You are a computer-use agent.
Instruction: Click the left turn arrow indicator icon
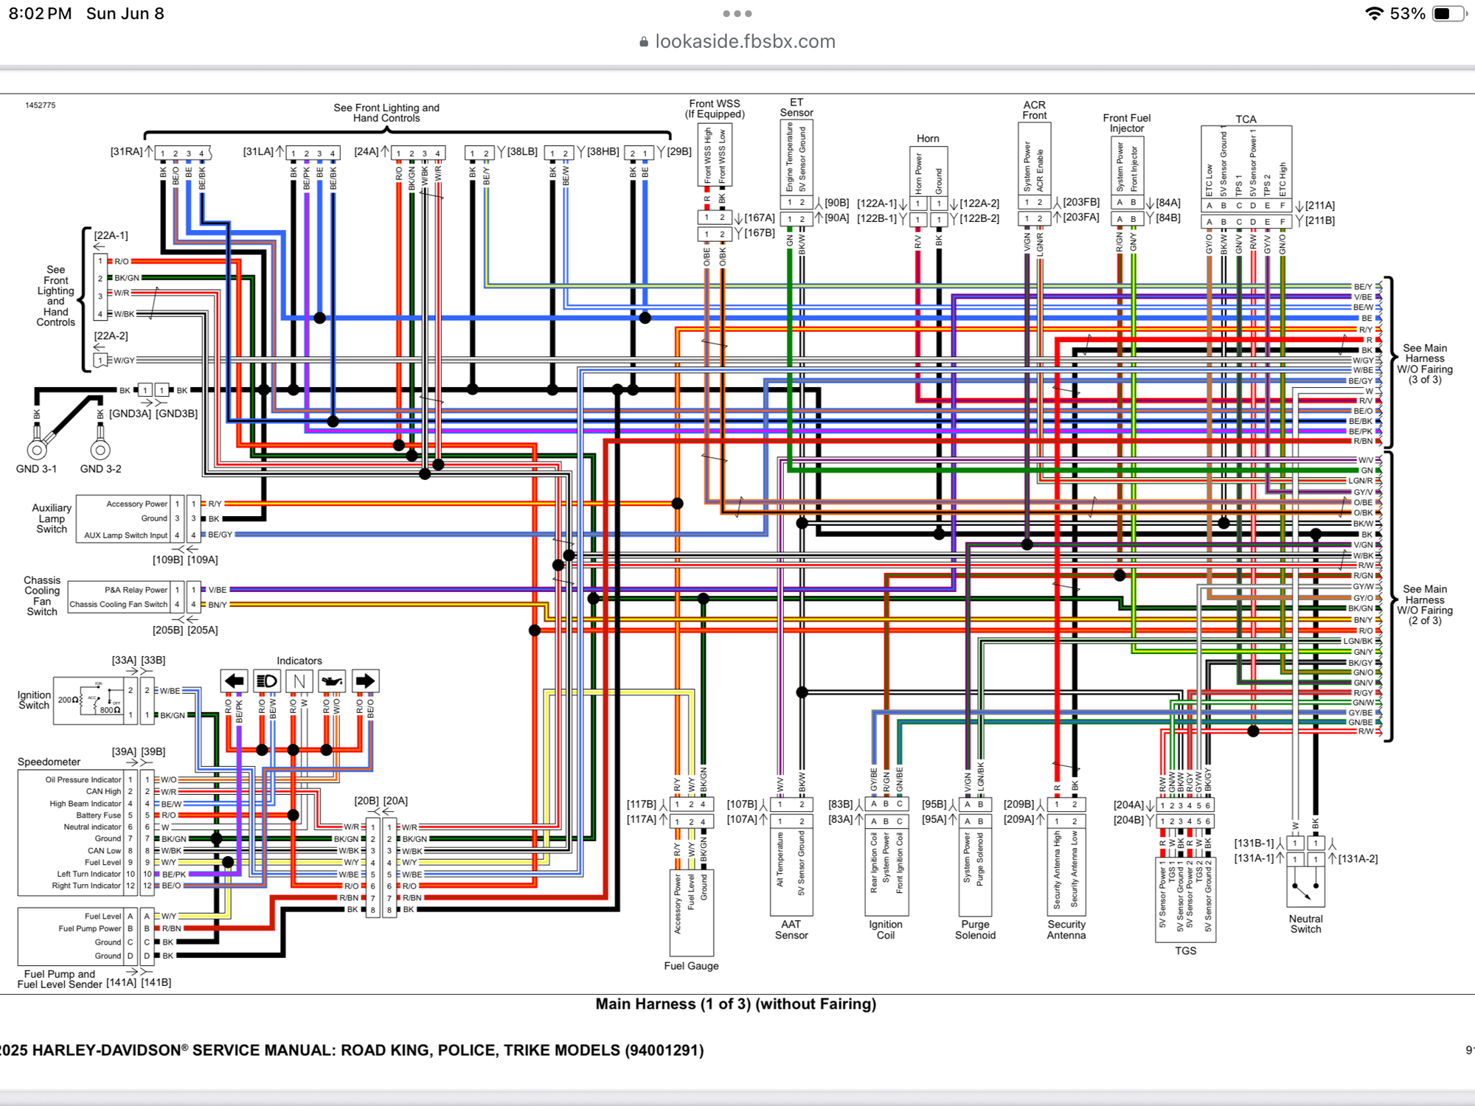pos(234,681)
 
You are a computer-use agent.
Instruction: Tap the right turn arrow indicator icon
pos(365,681)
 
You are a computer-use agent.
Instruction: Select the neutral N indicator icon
pos(299,681)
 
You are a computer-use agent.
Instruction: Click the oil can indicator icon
pos(332,681)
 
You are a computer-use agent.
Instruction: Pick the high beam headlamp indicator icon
pos(266,681)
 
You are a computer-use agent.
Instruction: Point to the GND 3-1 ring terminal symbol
pos(37,449)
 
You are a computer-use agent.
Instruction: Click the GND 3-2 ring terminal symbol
pos(100,449)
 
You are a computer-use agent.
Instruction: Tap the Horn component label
pos(928,139)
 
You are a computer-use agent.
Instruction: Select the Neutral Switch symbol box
pos(1305,886)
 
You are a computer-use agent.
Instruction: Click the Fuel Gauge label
pos(691,966)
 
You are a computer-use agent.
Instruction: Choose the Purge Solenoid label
pos(975,930)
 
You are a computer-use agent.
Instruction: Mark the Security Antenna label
pos(1066,930)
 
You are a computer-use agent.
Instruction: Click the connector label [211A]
pos(1319,206)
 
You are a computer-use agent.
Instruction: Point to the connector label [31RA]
pos(126,152)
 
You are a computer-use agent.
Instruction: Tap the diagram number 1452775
pos(41,105)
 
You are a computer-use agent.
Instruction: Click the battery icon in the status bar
pos(1448,14)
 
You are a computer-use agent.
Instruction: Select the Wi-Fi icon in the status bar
pos(1373,14)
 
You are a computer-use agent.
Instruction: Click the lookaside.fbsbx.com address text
pos(745,41)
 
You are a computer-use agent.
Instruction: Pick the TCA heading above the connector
pos(1246,119)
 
